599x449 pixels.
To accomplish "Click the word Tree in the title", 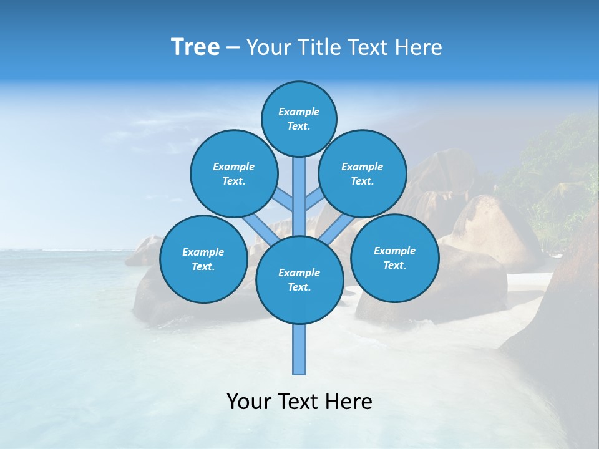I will tap(195, 47).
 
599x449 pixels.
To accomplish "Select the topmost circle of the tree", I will tap(299, 118).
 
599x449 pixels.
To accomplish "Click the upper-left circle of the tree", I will tap(234, 173).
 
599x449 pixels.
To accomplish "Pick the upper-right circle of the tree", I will tap(363, 173).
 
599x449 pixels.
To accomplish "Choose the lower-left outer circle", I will tap(203, 259).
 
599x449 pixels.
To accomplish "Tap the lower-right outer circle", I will tap(394, 258).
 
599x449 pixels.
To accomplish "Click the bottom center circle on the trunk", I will tap(299, 280).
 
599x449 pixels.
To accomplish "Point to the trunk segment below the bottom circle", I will tap(299, 349).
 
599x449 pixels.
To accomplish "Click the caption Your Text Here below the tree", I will tap(299, 402).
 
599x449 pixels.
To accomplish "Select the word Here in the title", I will tap(419, 47).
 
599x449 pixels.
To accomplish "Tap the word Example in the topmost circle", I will tap(299, 112).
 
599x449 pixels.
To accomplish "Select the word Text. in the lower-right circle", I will tap(394, 265).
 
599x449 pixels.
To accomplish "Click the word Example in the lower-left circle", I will tap(203, 252).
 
